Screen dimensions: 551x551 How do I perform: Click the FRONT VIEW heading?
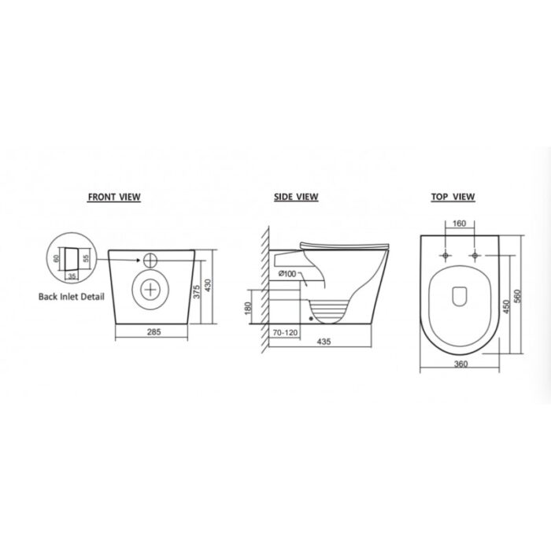pyautogui.click(x=114, y=197)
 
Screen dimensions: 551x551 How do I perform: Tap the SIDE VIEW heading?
pyautogui.click(x=296, y=197)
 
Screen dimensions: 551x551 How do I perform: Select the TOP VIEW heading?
pyautogui.click(x=453, y=197)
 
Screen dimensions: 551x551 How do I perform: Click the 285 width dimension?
pyautogui.click(x=154, y=331)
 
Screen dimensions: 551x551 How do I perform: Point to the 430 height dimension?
pyautogui.click(x=208, y=285)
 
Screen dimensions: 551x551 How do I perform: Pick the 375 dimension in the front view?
pyautogui.click(x=197, y=292)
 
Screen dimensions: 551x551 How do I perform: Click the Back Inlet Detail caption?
pyautogui.click(x=72, y=297)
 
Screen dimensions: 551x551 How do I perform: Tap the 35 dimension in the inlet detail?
pyautogui.click(x=72, y=276)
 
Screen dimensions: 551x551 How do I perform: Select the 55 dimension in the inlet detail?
pyautogui.click(x=87, y=258)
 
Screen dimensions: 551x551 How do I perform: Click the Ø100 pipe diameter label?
pyautogui.click(x=287, y=274)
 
